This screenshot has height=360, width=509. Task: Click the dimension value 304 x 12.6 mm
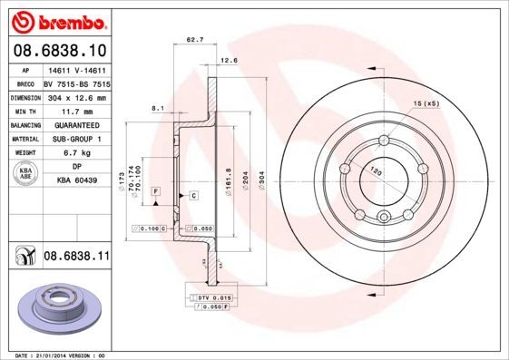(76, 97)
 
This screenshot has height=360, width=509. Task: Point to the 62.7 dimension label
(193, 41)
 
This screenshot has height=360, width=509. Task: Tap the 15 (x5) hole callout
(426, 104)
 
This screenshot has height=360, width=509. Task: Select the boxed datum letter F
(156, 191)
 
